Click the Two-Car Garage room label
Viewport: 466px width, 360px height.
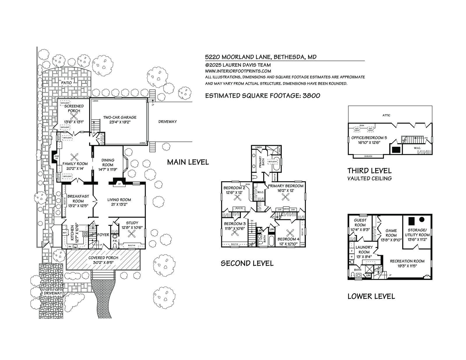coord(120,117)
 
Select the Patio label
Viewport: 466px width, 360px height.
coord(66,83)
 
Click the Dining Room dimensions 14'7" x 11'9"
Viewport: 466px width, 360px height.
coord(108,169)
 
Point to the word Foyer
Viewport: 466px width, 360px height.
coord(103,235)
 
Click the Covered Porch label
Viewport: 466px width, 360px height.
coord(103,258)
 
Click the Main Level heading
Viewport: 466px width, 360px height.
coord(188,162)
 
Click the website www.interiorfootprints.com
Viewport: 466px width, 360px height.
coord(238,71)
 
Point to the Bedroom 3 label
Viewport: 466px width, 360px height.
coord(235,224)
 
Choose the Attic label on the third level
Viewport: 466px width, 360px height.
coord(386,115)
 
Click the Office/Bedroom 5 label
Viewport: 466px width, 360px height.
coord(369,138)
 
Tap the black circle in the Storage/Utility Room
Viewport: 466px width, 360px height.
coord(422,219)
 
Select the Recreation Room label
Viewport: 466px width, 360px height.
coord(407,261)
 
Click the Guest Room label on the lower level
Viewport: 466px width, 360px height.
coord(360,223)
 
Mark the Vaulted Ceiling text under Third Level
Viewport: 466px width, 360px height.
coord(369,179)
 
